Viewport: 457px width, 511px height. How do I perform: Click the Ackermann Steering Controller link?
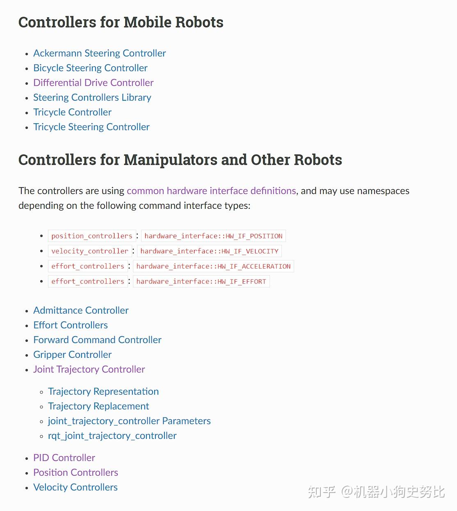(99, 53)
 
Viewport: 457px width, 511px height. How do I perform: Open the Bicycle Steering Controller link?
(90, 68)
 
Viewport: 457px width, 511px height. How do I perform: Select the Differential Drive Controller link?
(93, 83)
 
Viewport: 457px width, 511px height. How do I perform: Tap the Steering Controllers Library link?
(92, 97)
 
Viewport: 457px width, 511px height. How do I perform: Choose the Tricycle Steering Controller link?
(91, 127)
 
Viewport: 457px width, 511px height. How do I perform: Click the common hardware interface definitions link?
(211, 191)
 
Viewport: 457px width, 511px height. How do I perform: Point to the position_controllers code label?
(92, 236)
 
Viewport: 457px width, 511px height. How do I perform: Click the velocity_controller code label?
(90, 251)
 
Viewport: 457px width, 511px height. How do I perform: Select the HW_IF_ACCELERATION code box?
(213, 266)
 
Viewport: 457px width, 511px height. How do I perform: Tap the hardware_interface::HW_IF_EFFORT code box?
(201, 281)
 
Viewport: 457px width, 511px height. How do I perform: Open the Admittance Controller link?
(81, 310)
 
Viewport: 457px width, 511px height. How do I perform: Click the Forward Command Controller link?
(97, 340)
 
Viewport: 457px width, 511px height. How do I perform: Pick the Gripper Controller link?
(72, 355)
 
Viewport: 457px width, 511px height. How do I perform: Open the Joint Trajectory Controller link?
(89, 369)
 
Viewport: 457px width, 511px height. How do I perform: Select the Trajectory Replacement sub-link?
(98, 406)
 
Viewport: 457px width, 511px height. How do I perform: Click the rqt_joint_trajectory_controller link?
(112, 436)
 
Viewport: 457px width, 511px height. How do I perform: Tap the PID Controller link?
(64, 458)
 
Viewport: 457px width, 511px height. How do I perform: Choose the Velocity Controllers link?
(75, 487)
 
